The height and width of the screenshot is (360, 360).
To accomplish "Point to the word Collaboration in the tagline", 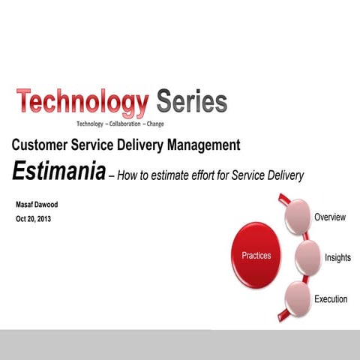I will [121, 124].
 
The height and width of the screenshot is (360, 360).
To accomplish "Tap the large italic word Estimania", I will [56, 171].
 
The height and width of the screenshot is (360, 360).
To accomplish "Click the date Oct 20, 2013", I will [34, 219].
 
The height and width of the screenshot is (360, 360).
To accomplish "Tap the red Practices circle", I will [256, 256].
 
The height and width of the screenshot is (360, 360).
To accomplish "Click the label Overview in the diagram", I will [330, 217].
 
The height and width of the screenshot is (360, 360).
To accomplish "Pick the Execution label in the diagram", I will [331, 299].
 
